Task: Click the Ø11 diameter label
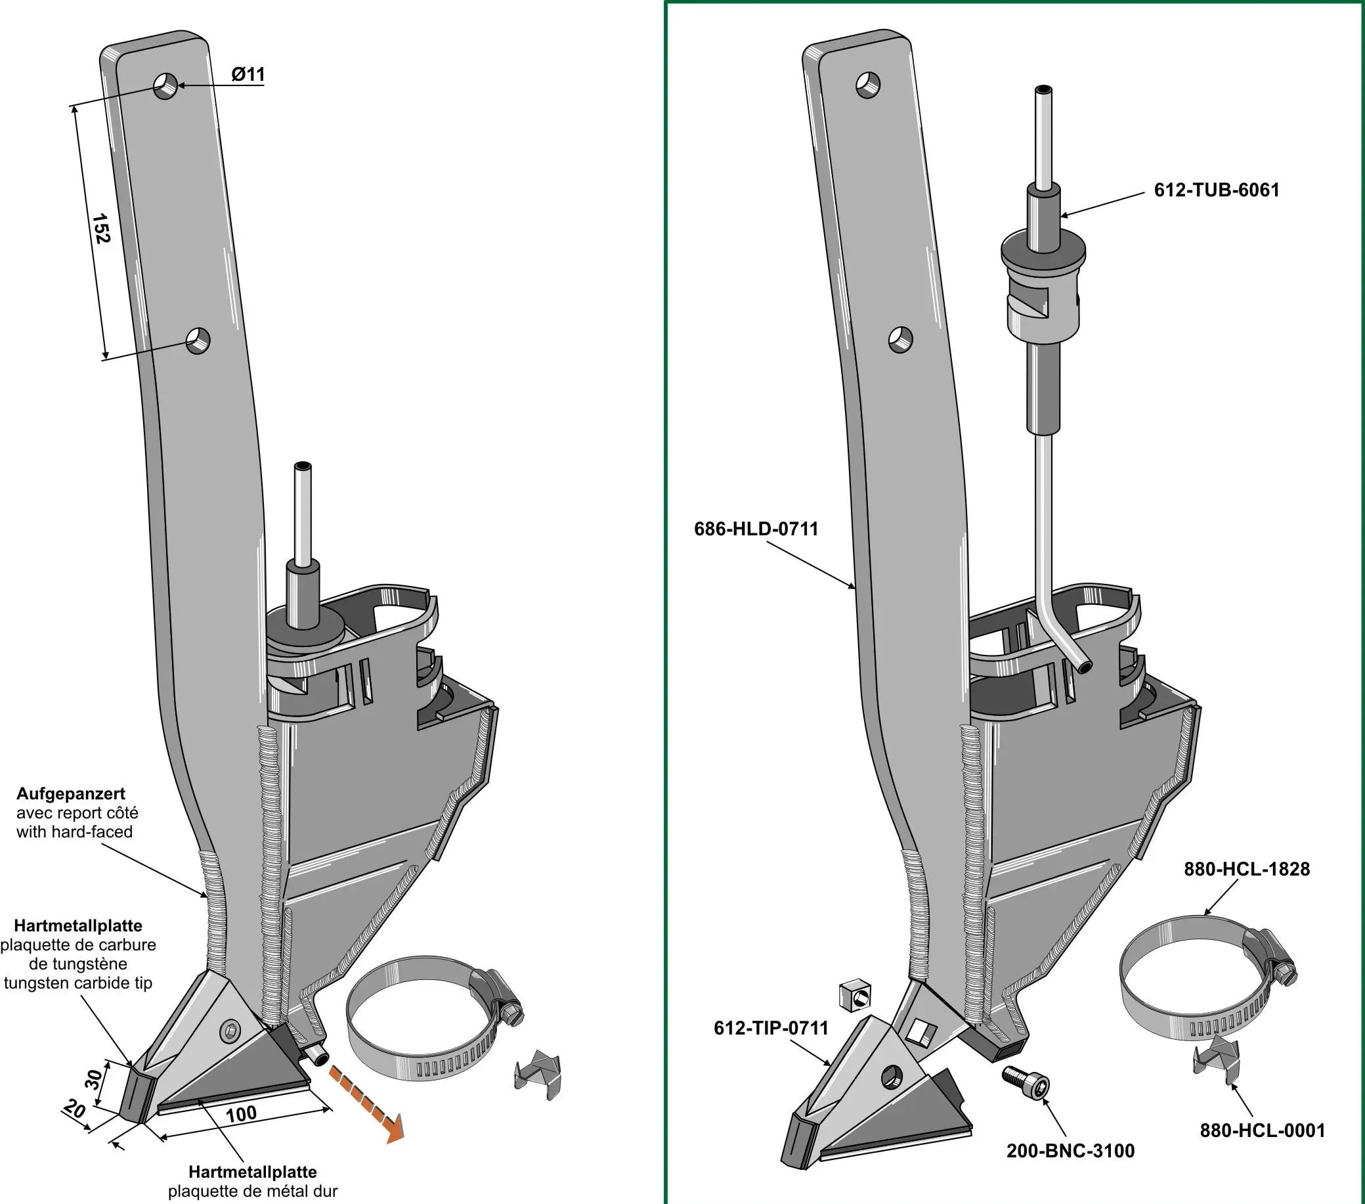[x=248, y=74]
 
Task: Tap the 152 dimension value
[x=100, y=229]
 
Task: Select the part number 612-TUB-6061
[x=1217, y=190]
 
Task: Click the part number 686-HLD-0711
[x=756, y=529]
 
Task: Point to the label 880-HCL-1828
[x=1247, y=869]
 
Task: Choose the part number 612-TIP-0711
[x=771, y=1027]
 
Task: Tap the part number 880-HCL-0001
[x=1262, y=1130]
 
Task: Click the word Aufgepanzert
[x=71, y=793]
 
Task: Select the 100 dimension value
[x=241, y=1114]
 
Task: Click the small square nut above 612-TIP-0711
[x=855, y=996]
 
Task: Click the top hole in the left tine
[x=165, y=86]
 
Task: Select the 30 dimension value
[x=94, y=1079]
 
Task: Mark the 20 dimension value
[x=74, y=1110]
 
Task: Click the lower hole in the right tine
[x=901, y=340]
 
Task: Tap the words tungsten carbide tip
[x=78, y=983]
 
